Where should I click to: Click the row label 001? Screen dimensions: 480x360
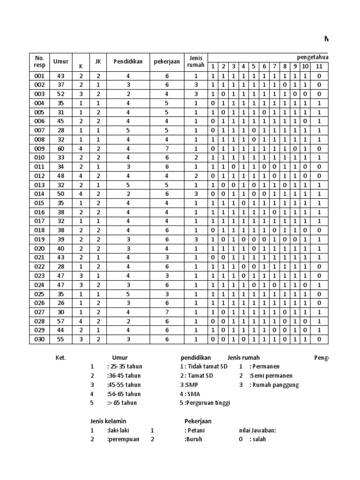(x=39, y=76)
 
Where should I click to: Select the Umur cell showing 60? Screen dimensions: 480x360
(x=61, y=148)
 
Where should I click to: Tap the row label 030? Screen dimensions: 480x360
(x=39, y=339)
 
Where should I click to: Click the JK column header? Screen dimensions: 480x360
(x=98, y=61)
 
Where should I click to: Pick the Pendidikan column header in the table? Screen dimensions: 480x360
(x=127, y=61)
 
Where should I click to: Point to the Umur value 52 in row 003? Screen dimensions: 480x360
(x=61, y=94)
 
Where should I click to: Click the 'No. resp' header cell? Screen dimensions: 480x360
(x=39, y=61)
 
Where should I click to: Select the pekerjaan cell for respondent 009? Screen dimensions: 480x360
(x=167, y=148)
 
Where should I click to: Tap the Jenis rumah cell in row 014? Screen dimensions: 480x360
(x=196, y=194)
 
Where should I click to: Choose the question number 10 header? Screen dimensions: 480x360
(x=305, y=67)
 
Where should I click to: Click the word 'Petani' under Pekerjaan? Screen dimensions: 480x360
(x=195, y=430)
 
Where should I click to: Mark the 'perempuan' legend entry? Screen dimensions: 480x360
(x=123, y=440)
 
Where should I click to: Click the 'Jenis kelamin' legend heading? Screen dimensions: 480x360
(x=108, y=421)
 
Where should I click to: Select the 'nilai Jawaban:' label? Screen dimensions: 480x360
(x=258, y=430)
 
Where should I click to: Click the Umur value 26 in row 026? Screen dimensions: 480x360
(x=61, y=303)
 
